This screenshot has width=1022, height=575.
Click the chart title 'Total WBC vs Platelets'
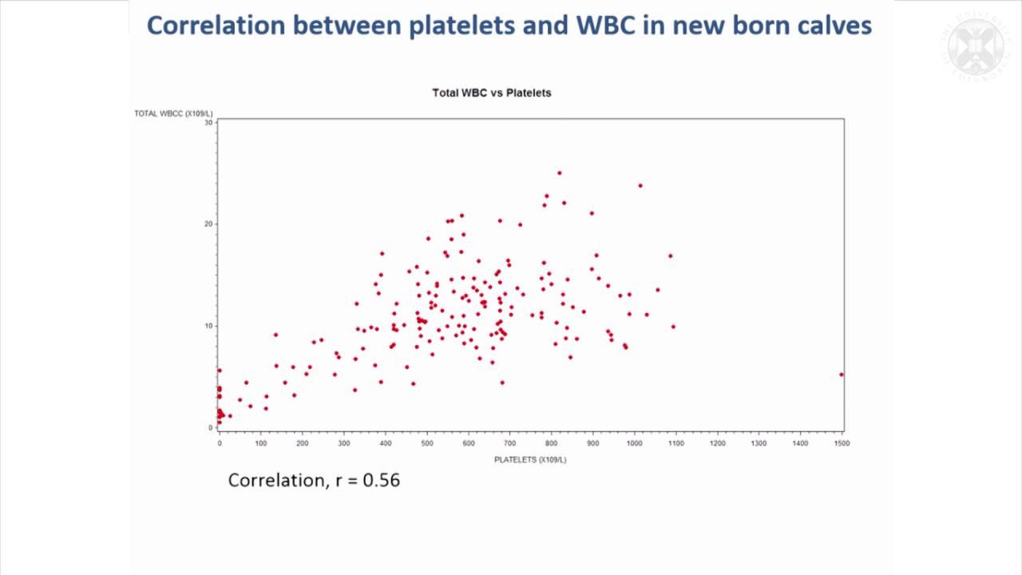491,93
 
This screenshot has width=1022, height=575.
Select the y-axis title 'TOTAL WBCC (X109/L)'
173,113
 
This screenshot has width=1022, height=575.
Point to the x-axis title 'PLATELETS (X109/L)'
530,459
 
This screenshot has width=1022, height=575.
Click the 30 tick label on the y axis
208,122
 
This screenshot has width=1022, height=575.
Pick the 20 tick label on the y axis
208,224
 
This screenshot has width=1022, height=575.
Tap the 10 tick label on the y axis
208,326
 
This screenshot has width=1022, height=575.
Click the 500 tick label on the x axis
426,443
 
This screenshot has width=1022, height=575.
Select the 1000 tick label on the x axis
634,443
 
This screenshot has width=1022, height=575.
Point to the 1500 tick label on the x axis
841,443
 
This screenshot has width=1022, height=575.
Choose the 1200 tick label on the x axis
717,443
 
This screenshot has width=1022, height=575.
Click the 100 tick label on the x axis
261,443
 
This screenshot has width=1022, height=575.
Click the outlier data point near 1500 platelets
841,375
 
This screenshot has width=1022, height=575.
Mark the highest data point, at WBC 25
559,172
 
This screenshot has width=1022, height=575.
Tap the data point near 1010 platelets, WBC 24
640,185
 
